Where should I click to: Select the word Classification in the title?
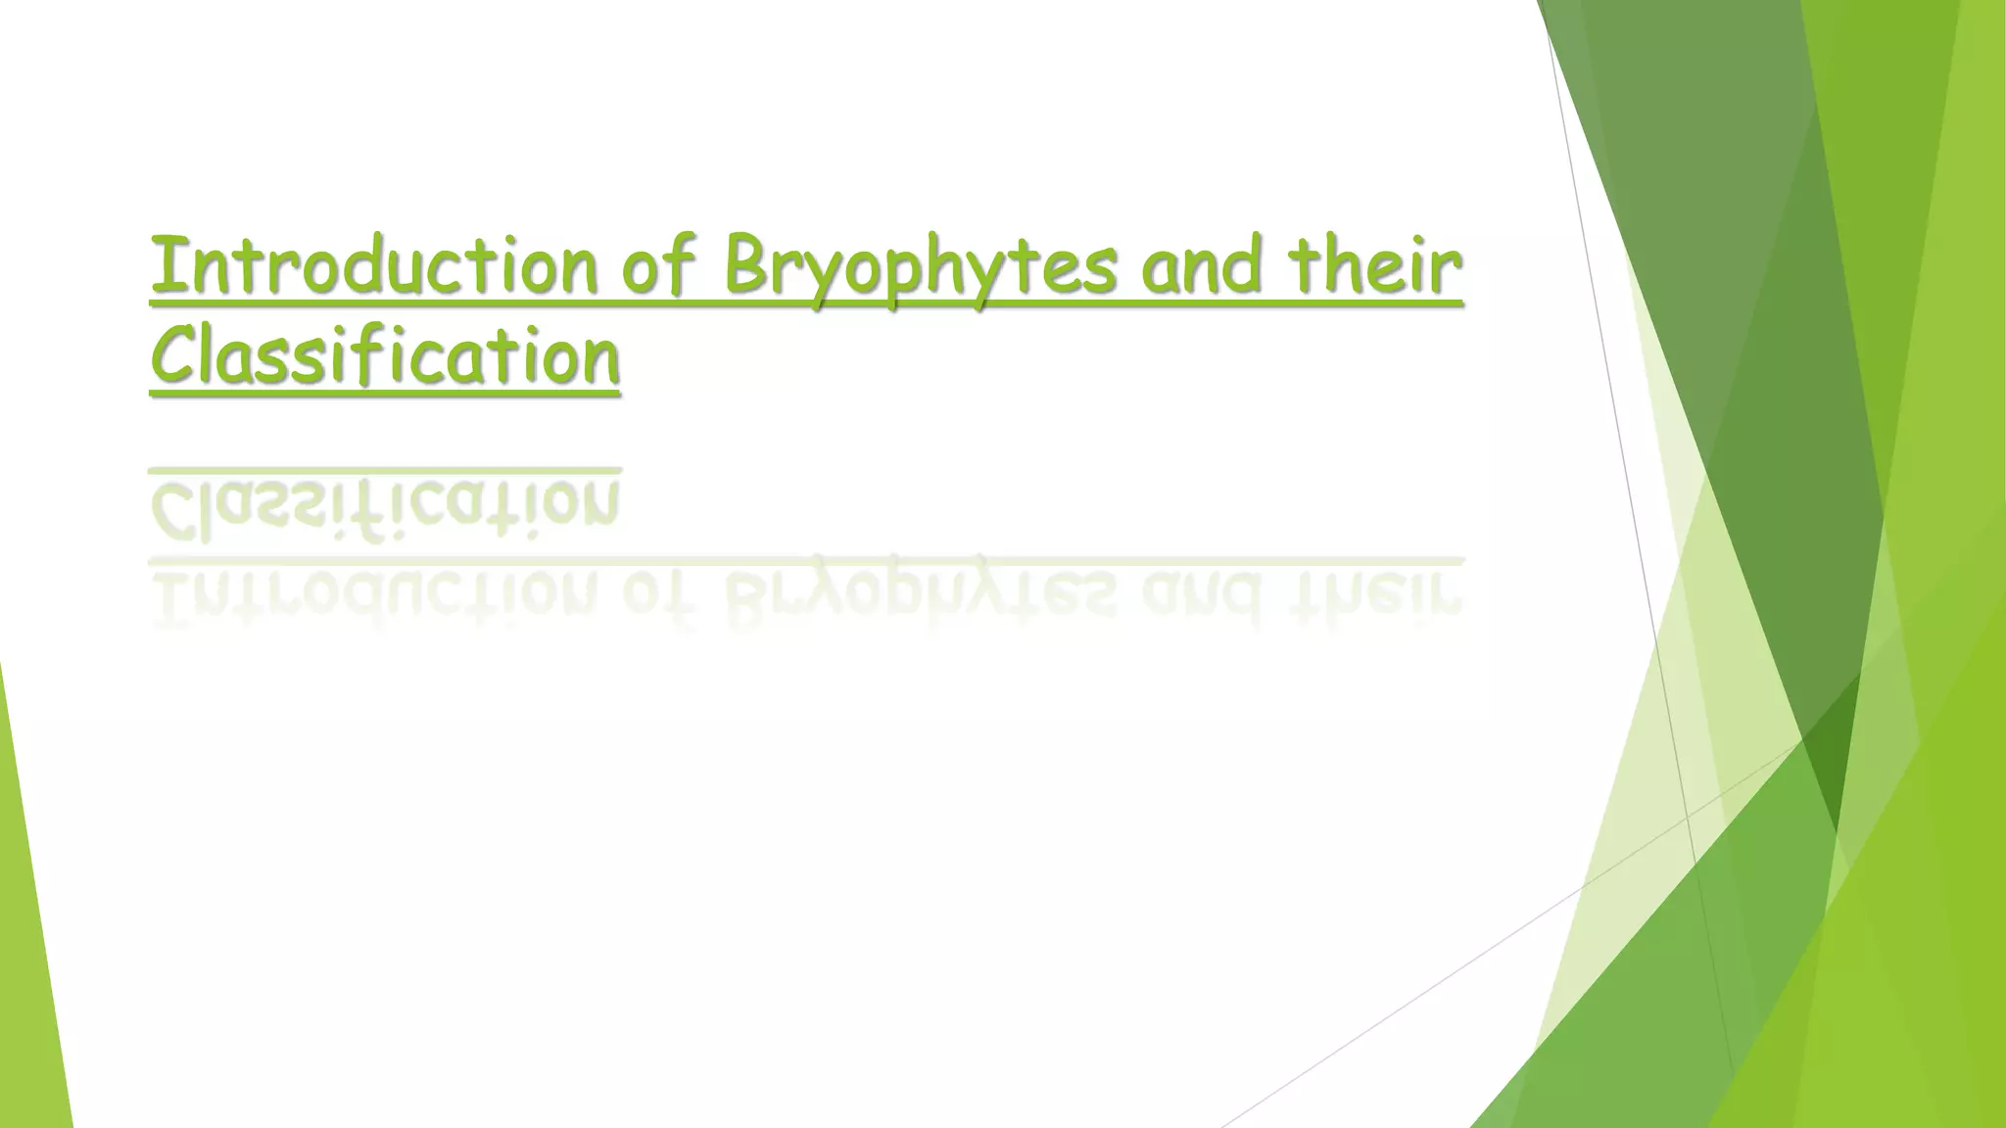[385, 356]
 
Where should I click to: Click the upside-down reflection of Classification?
[385, 507]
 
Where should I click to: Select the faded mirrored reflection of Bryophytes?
[920, 593]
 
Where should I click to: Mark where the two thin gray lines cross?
[1688, 817]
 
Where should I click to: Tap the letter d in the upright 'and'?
[1239, 264]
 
